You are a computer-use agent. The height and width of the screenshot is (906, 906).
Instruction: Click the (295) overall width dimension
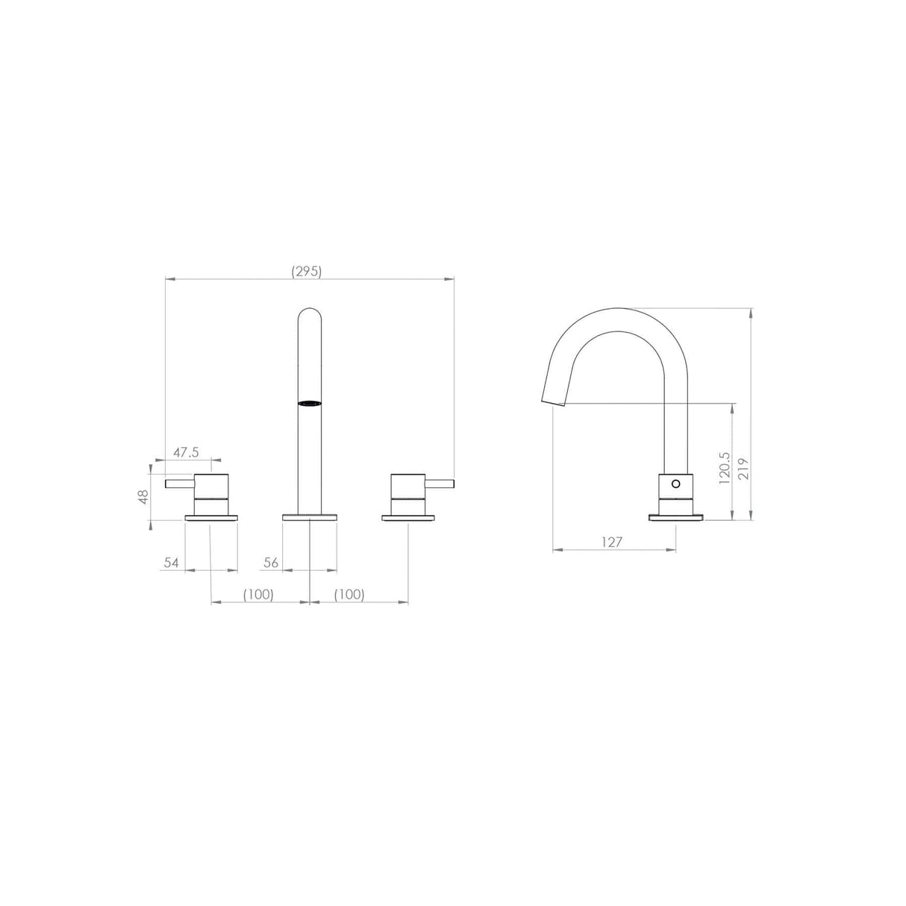pos(307,272)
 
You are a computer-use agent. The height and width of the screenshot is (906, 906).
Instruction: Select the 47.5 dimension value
pos(187,452)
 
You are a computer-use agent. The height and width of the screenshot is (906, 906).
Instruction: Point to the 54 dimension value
pos(172,563)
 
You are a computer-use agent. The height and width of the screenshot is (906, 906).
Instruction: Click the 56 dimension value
pos(271,563)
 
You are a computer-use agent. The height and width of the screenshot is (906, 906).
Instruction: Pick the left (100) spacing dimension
pos(258,594)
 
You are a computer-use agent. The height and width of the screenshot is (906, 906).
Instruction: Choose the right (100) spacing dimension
pos(349,594)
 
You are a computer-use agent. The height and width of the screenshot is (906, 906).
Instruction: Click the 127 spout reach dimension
pos(611,543)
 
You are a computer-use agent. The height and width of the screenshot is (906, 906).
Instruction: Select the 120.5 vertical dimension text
pos(723,468)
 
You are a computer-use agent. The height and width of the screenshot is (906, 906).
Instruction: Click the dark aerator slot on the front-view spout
pos(310,403)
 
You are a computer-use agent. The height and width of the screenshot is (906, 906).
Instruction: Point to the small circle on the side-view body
pos(676,484)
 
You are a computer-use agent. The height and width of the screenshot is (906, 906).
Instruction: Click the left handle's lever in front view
pos(179,484)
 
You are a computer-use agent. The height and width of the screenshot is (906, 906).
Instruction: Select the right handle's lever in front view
pos(440,484)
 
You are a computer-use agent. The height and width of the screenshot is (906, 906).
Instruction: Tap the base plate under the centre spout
pos(310,516)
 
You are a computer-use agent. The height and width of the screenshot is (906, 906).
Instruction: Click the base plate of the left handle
pos(211,516)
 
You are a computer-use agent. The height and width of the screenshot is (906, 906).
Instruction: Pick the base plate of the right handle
pos(408,516)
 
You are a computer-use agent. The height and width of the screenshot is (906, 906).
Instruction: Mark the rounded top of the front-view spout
pos(310,313)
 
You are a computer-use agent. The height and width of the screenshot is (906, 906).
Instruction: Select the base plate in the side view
pos(676,516)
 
